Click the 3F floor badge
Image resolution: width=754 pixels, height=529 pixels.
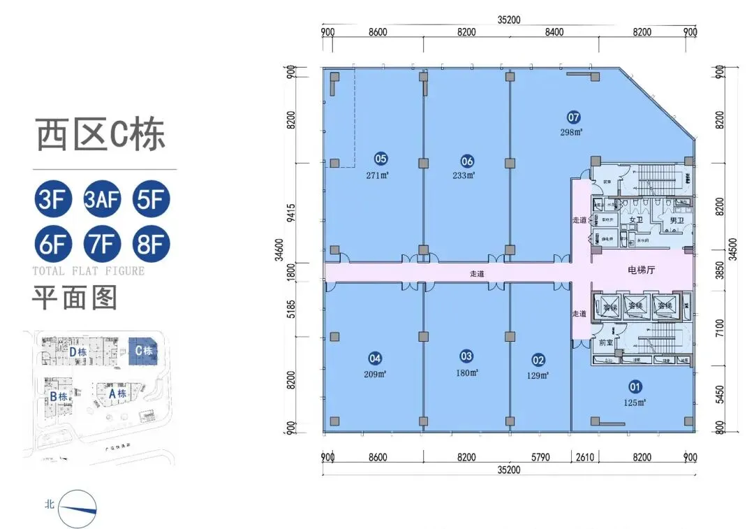(x=53, y=200)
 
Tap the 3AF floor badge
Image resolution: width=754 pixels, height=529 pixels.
(x=102, y=200)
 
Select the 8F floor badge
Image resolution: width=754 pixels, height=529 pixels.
(x=151, y=245)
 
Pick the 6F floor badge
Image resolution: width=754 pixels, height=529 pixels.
(x=53, y=245)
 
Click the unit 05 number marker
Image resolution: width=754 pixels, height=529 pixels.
(x=380, y=158)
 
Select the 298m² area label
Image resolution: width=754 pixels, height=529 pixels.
(x=570, y=131)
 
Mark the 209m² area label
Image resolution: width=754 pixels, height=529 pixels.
(x=376, y=375)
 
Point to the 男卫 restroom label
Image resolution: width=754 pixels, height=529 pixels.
(x=676, y=221)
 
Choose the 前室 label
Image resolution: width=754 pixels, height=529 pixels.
(x=605, y=342)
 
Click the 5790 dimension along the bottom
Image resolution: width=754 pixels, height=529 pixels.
(x=540, y=458)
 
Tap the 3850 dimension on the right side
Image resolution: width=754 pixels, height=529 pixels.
(x=720, y=268)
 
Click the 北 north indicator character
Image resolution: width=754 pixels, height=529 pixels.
(x=49, y=503)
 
